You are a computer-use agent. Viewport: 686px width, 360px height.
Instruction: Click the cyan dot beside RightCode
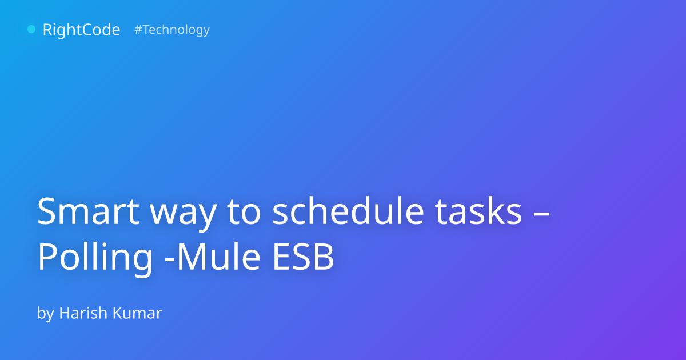(x=31, y=29)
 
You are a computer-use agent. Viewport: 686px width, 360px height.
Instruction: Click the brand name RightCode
(x=81, y=30)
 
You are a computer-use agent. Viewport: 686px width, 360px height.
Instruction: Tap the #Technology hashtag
(x=172, y=30)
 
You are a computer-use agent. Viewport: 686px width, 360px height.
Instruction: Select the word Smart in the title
(x=88, y=211)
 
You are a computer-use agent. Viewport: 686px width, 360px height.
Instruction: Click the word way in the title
(x=183, y=214)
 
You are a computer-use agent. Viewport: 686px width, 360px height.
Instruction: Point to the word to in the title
(x=244, y=212)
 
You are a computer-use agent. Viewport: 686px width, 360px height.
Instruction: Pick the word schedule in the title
(x=349, y=211)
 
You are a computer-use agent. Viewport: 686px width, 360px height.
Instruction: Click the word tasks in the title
(x=478, y=211)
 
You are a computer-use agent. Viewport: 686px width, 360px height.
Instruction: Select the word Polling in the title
(x=95, y=259)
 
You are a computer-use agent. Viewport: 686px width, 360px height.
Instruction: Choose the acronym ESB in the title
(x=303, y=257)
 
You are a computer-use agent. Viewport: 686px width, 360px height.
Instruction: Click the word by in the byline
(x=46, y=314)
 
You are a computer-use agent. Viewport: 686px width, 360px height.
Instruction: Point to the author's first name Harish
(x=83, y=313)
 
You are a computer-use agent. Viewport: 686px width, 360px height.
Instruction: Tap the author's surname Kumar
(x=137, y=313)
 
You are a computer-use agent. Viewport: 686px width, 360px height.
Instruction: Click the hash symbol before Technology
(x=138, y=29)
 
